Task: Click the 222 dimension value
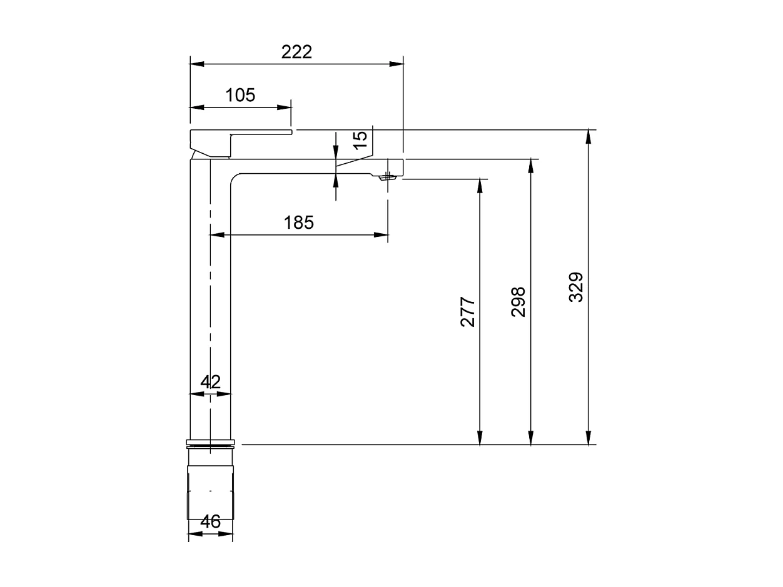(296, 52)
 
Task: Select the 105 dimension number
(240, 95)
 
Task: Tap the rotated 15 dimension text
(360, 139)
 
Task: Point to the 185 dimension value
(298, 222)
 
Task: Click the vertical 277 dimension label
(468, 312)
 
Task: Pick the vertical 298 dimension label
(518, 302)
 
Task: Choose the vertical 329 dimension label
(576, 287)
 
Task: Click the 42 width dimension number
(211, 382)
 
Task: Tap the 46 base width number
(211, 521)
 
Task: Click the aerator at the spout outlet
(388, 178)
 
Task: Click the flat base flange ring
(210, 444)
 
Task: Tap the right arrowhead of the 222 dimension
(397, 64)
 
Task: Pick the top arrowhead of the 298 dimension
(530, 166)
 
